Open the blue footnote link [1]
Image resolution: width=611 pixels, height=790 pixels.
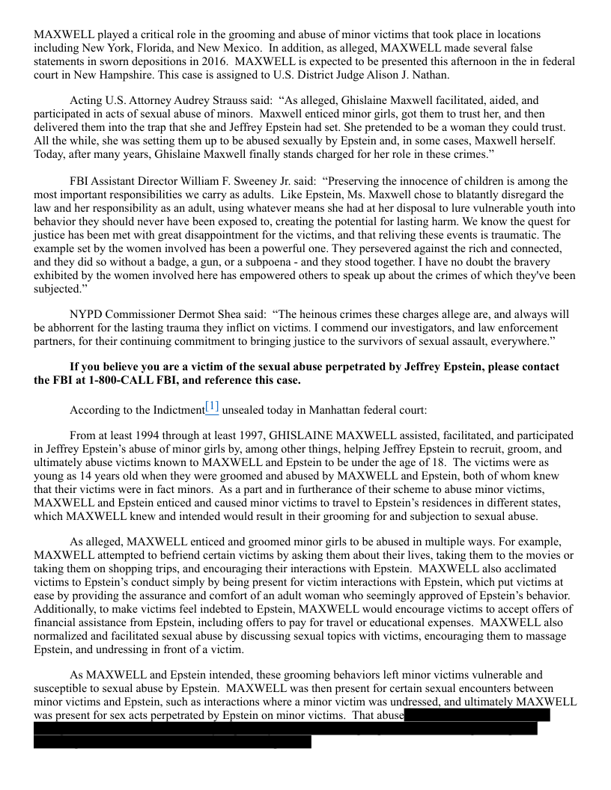coord(212,407)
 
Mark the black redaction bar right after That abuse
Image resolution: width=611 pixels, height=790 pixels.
coord(477,715)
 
